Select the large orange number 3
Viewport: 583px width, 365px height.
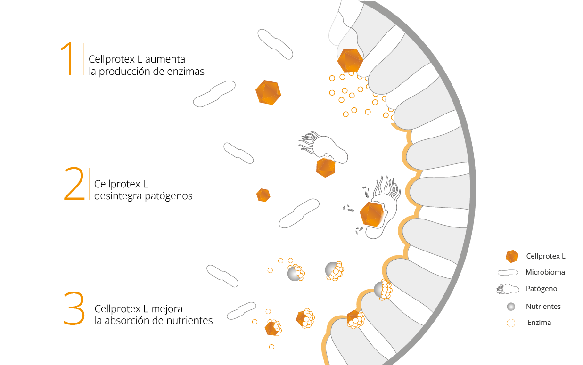click(x=74, y=309)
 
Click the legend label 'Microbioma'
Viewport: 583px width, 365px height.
click(x=545, y=272)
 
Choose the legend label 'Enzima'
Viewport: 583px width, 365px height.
click(x=539, y=323)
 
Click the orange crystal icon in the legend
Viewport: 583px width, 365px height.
click(x=512, y=256)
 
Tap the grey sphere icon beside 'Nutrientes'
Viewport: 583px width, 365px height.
click(x=511, y=307)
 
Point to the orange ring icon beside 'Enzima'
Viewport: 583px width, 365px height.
click(x=511, y=323)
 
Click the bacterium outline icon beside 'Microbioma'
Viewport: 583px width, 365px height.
click(x=509, y=273)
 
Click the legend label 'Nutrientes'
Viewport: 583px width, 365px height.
click(x=543, y=307)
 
